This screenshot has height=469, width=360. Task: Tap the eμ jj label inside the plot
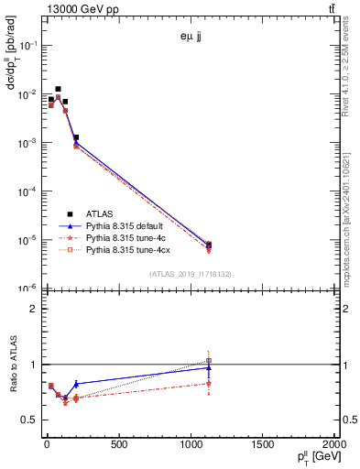click(x=192, y=38)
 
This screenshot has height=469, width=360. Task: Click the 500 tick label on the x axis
click(x=118, y=446)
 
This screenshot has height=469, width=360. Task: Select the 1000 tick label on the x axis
click(x=191, y=446)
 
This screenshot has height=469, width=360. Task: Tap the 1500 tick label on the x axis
click(x=263, y=446)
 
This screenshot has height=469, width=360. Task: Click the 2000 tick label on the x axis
click(x=333, y=446)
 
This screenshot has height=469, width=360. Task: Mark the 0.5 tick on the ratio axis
click(x=29, y=420)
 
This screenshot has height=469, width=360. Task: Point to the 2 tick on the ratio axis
click(x=34, y=309)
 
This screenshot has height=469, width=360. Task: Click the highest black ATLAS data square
click(x=59, y=90)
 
